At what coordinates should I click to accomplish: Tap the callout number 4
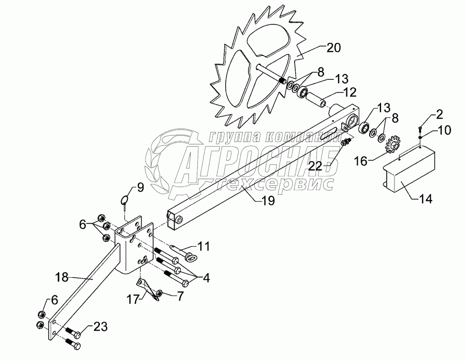[207, 278]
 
